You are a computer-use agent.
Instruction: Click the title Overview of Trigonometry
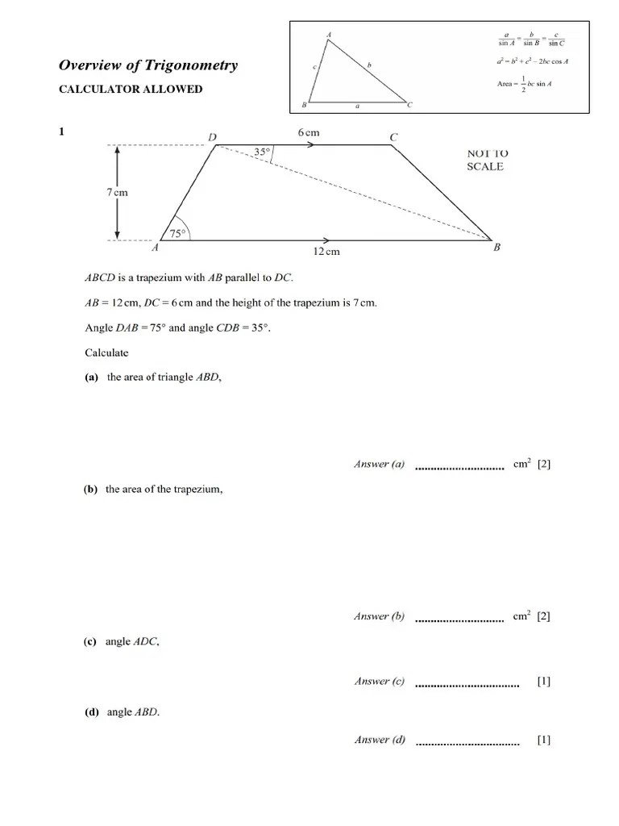tap(148, 65)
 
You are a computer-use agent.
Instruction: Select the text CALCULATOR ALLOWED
tap(131, 89)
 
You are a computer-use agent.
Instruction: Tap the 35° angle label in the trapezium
tap(261, 151)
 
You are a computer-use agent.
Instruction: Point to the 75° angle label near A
tap(177, 234)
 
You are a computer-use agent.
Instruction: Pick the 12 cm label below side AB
tap(326, 252)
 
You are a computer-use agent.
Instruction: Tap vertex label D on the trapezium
tap(213, 138)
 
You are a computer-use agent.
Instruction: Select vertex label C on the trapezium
tap(393, 138)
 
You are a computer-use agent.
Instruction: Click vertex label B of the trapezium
tap(496, 248)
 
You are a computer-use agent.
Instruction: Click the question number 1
tap(62, 132)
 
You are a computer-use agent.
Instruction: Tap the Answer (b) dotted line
tap(459, 619)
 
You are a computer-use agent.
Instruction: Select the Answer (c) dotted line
tap(467, 685)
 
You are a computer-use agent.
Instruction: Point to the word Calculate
tap(106, 353)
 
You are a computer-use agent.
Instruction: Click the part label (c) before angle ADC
tap(89, 641)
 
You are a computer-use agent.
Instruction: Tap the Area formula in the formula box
tap(529, 83)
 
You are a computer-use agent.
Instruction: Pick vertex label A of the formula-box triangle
tap(329, 34)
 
